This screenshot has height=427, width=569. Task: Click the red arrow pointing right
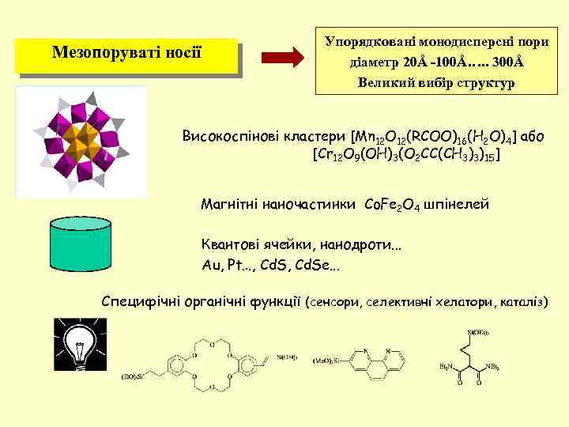pyautogui.click(x=281, y=57)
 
